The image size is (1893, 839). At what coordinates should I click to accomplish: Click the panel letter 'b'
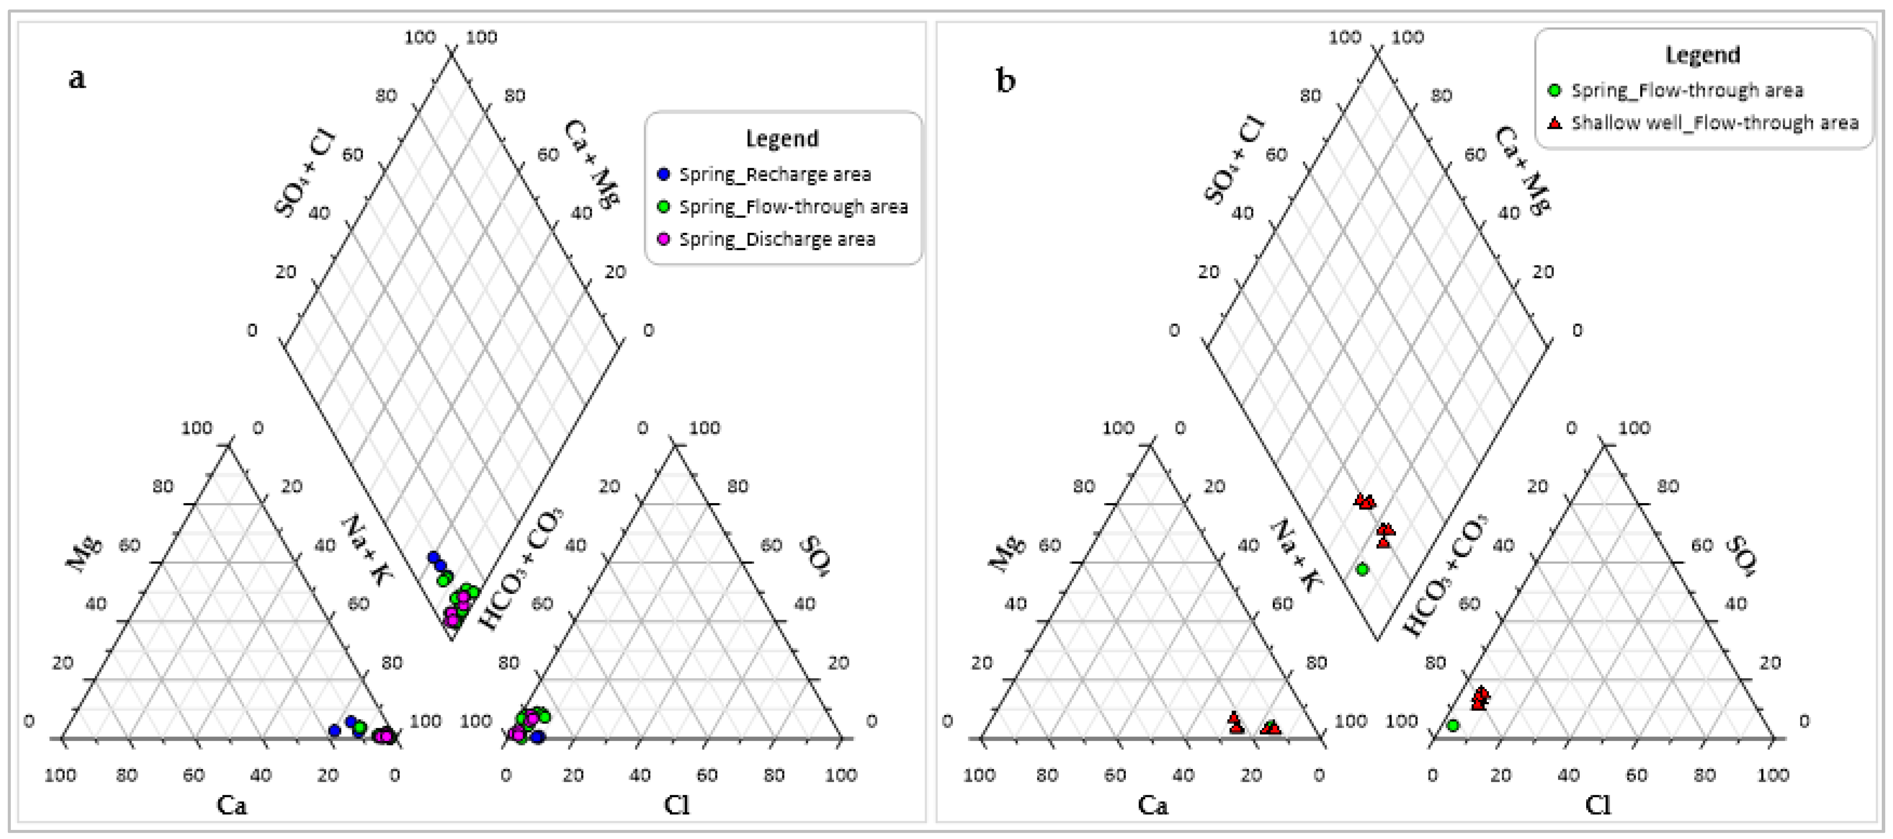(1005, 80)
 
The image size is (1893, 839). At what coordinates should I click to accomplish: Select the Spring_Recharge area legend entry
(774, 175)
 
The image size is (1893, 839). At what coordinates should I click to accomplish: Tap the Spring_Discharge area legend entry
(777, 239)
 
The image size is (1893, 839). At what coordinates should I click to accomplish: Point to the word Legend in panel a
(782, 139)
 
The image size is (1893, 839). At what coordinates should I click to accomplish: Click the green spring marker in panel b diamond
(1362, 569)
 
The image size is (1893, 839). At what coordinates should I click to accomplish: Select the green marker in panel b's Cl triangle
(1453, 726)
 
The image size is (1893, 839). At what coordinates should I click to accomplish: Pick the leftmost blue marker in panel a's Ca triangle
(335, 730)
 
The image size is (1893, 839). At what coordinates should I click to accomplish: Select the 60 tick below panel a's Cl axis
(707, 775)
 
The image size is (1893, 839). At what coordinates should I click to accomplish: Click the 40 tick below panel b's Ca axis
(1183, 775)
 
